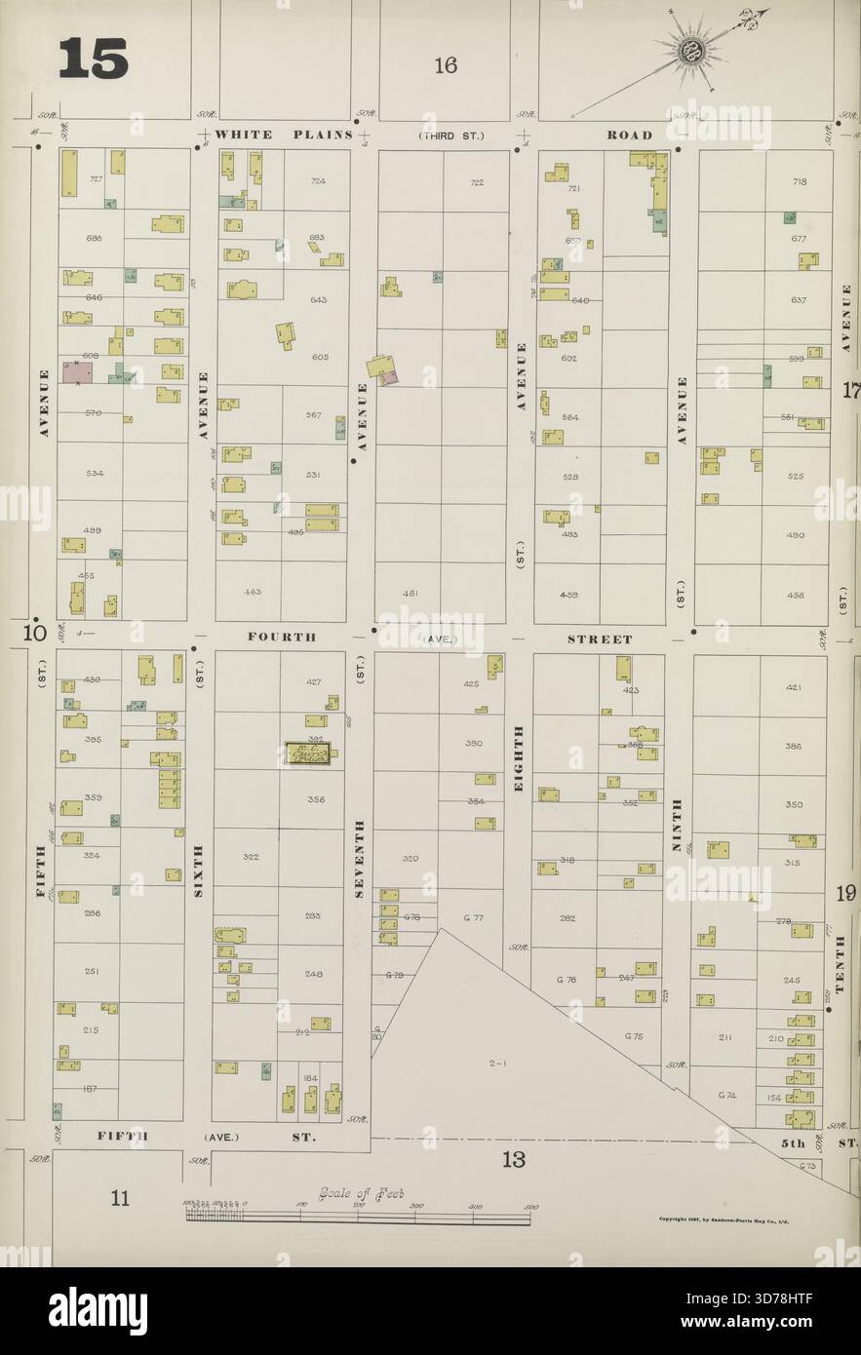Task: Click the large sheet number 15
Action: click(x=94, y=59)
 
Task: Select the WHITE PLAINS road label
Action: click(x=282, y=135)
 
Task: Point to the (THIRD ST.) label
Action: click(x=450, y=135)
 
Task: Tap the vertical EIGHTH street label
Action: click(x=519, y=757)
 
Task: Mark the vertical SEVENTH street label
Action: click(x=359, y=859)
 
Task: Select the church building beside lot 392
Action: click(x=308, y=753)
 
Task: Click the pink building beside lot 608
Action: click(x=76, y=372)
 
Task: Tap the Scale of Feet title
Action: click(x=360, y=1194)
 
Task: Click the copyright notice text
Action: click(x=724, y=1219)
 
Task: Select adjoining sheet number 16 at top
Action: click(x=446, y=66)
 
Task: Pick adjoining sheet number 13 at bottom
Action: click(x=514, y=1160)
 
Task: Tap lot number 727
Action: click(x=96, y=179)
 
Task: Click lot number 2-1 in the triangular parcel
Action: click(x=497, y=1064)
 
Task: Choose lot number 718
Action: click(x=800, y=182)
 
